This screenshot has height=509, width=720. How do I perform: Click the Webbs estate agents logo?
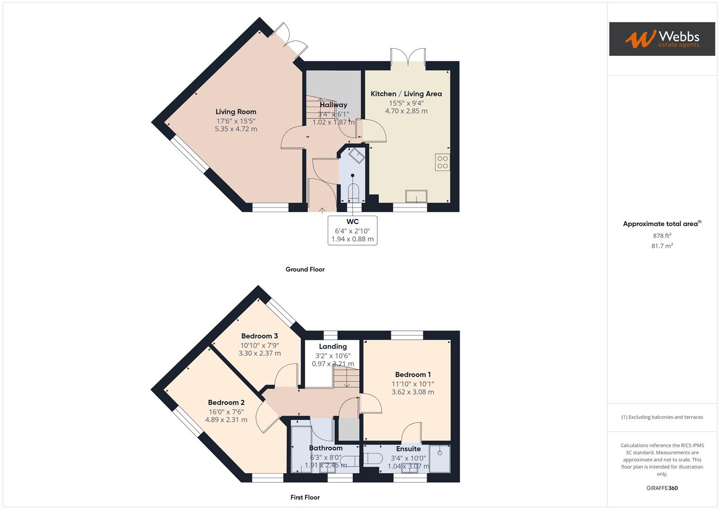click(662, 39)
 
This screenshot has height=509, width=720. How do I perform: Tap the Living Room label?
click(236, 112)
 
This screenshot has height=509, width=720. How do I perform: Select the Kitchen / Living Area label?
click(406, 94)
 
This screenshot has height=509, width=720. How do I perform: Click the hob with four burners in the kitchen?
click(442, 162)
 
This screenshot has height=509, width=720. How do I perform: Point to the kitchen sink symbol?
click(416, 196)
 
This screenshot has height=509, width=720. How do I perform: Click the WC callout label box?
click(352, 230)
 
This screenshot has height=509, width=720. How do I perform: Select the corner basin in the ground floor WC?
click(356, 155)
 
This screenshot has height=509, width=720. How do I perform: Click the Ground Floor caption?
click(305, 270)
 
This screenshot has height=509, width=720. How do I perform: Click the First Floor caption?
click(305, 497)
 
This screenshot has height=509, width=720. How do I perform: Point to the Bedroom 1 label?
click(413, 375)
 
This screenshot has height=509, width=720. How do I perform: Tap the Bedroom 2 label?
click(226, 402)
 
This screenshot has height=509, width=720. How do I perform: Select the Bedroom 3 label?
click(259, 336)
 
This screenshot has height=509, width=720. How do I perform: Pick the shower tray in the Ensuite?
click(439, 458)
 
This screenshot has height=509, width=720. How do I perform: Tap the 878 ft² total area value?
click(662, 236)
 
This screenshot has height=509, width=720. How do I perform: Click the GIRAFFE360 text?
click(662, 488)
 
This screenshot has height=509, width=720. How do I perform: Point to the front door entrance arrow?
click(323, 210)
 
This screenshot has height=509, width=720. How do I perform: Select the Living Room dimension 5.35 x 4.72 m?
click(236, 129)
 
